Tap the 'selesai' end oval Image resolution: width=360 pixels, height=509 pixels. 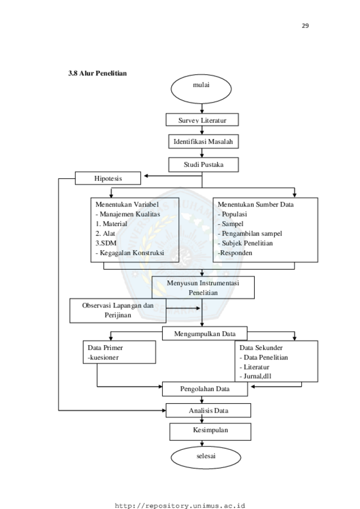click(x=200, y=457)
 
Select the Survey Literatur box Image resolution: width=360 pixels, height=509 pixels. click(x=202, y=120)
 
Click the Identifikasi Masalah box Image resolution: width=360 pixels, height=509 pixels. click(x=202, y=142)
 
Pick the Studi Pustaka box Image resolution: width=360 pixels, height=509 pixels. click(x=203, y=164)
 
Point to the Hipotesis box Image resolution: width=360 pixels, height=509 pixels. click(x=108, y=178)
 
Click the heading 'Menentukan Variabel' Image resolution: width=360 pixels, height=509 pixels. click(x=123, y=204)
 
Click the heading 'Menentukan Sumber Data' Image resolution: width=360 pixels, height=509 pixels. click(x=255, y=204)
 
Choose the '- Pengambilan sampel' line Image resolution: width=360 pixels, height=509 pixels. click(x=250, y=234)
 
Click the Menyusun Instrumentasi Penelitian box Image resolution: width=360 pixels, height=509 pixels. click(x=203, y=287)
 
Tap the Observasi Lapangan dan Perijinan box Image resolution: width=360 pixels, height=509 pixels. click(x=117, y=310)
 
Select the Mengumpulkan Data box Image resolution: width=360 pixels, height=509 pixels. click(x=204, y=334)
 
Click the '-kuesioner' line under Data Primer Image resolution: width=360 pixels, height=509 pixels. click(x=103, y=358)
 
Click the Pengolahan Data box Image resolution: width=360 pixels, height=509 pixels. click(x=204, y=389)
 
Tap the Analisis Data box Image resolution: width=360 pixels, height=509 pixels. click(x=208, y=411)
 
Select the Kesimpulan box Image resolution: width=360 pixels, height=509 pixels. click(x=210, y=430)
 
